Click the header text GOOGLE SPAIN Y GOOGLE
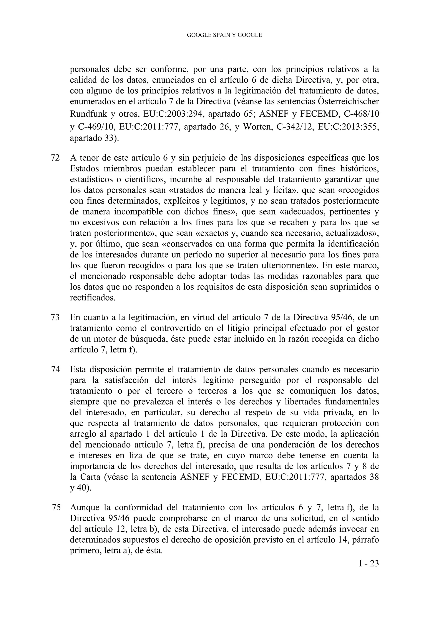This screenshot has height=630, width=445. [224, 35]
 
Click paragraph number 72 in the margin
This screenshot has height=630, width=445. [56, 158]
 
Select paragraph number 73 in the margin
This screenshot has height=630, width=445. [56, 317]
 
